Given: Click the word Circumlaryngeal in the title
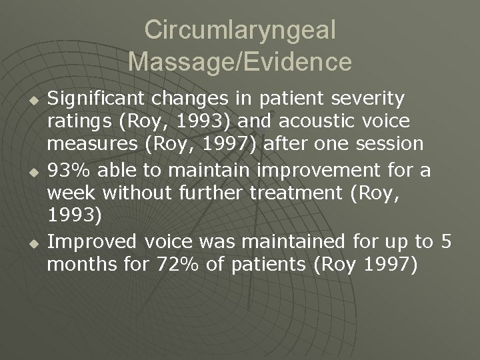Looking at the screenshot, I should pos(240,30).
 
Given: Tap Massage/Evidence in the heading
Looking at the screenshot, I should pos(240,61).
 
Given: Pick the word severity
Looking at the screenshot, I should pos(369,99).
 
